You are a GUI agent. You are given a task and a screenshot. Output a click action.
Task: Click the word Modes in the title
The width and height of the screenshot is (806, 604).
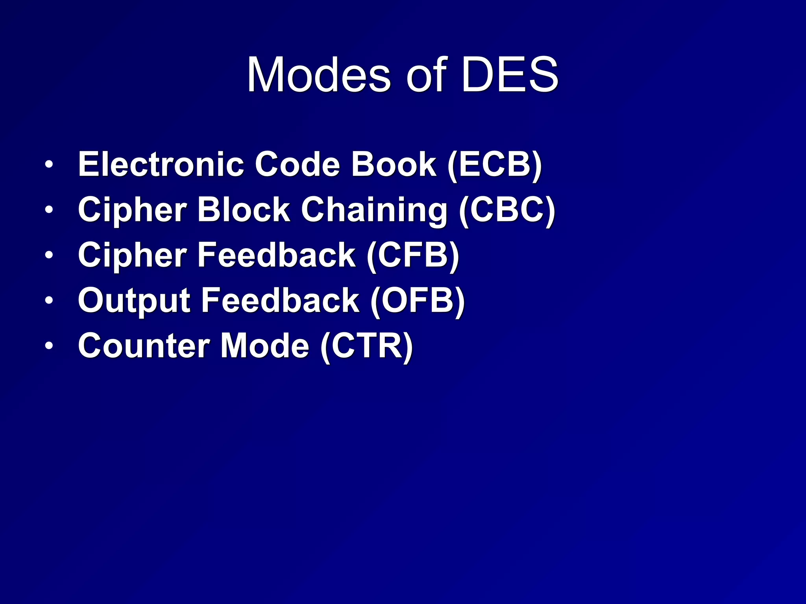point(319,75)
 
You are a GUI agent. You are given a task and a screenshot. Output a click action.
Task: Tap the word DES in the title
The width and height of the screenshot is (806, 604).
point(510,75)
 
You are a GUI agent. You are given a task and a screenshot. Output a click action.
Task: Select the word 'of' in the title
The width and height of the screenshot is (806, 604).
point(426,75)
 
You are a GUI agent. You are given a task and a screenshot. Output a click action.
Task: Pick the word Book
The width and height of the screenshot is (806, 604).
point(394,164)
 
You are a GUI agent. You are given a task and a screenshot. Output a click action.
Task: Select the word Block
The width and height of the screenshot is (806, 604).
point(244,210)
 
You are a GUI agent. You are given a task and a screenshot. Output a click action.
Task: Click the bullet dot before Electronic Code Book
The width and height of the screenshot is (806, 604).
point(48,165)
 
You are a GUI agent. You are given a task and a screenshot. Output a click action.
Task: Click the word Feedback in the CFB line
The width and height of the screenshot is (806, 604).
point(276,255)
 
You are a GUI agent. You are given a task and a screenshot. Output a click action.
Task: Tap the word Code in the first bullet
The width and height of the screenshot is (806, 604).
point(298,164)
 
